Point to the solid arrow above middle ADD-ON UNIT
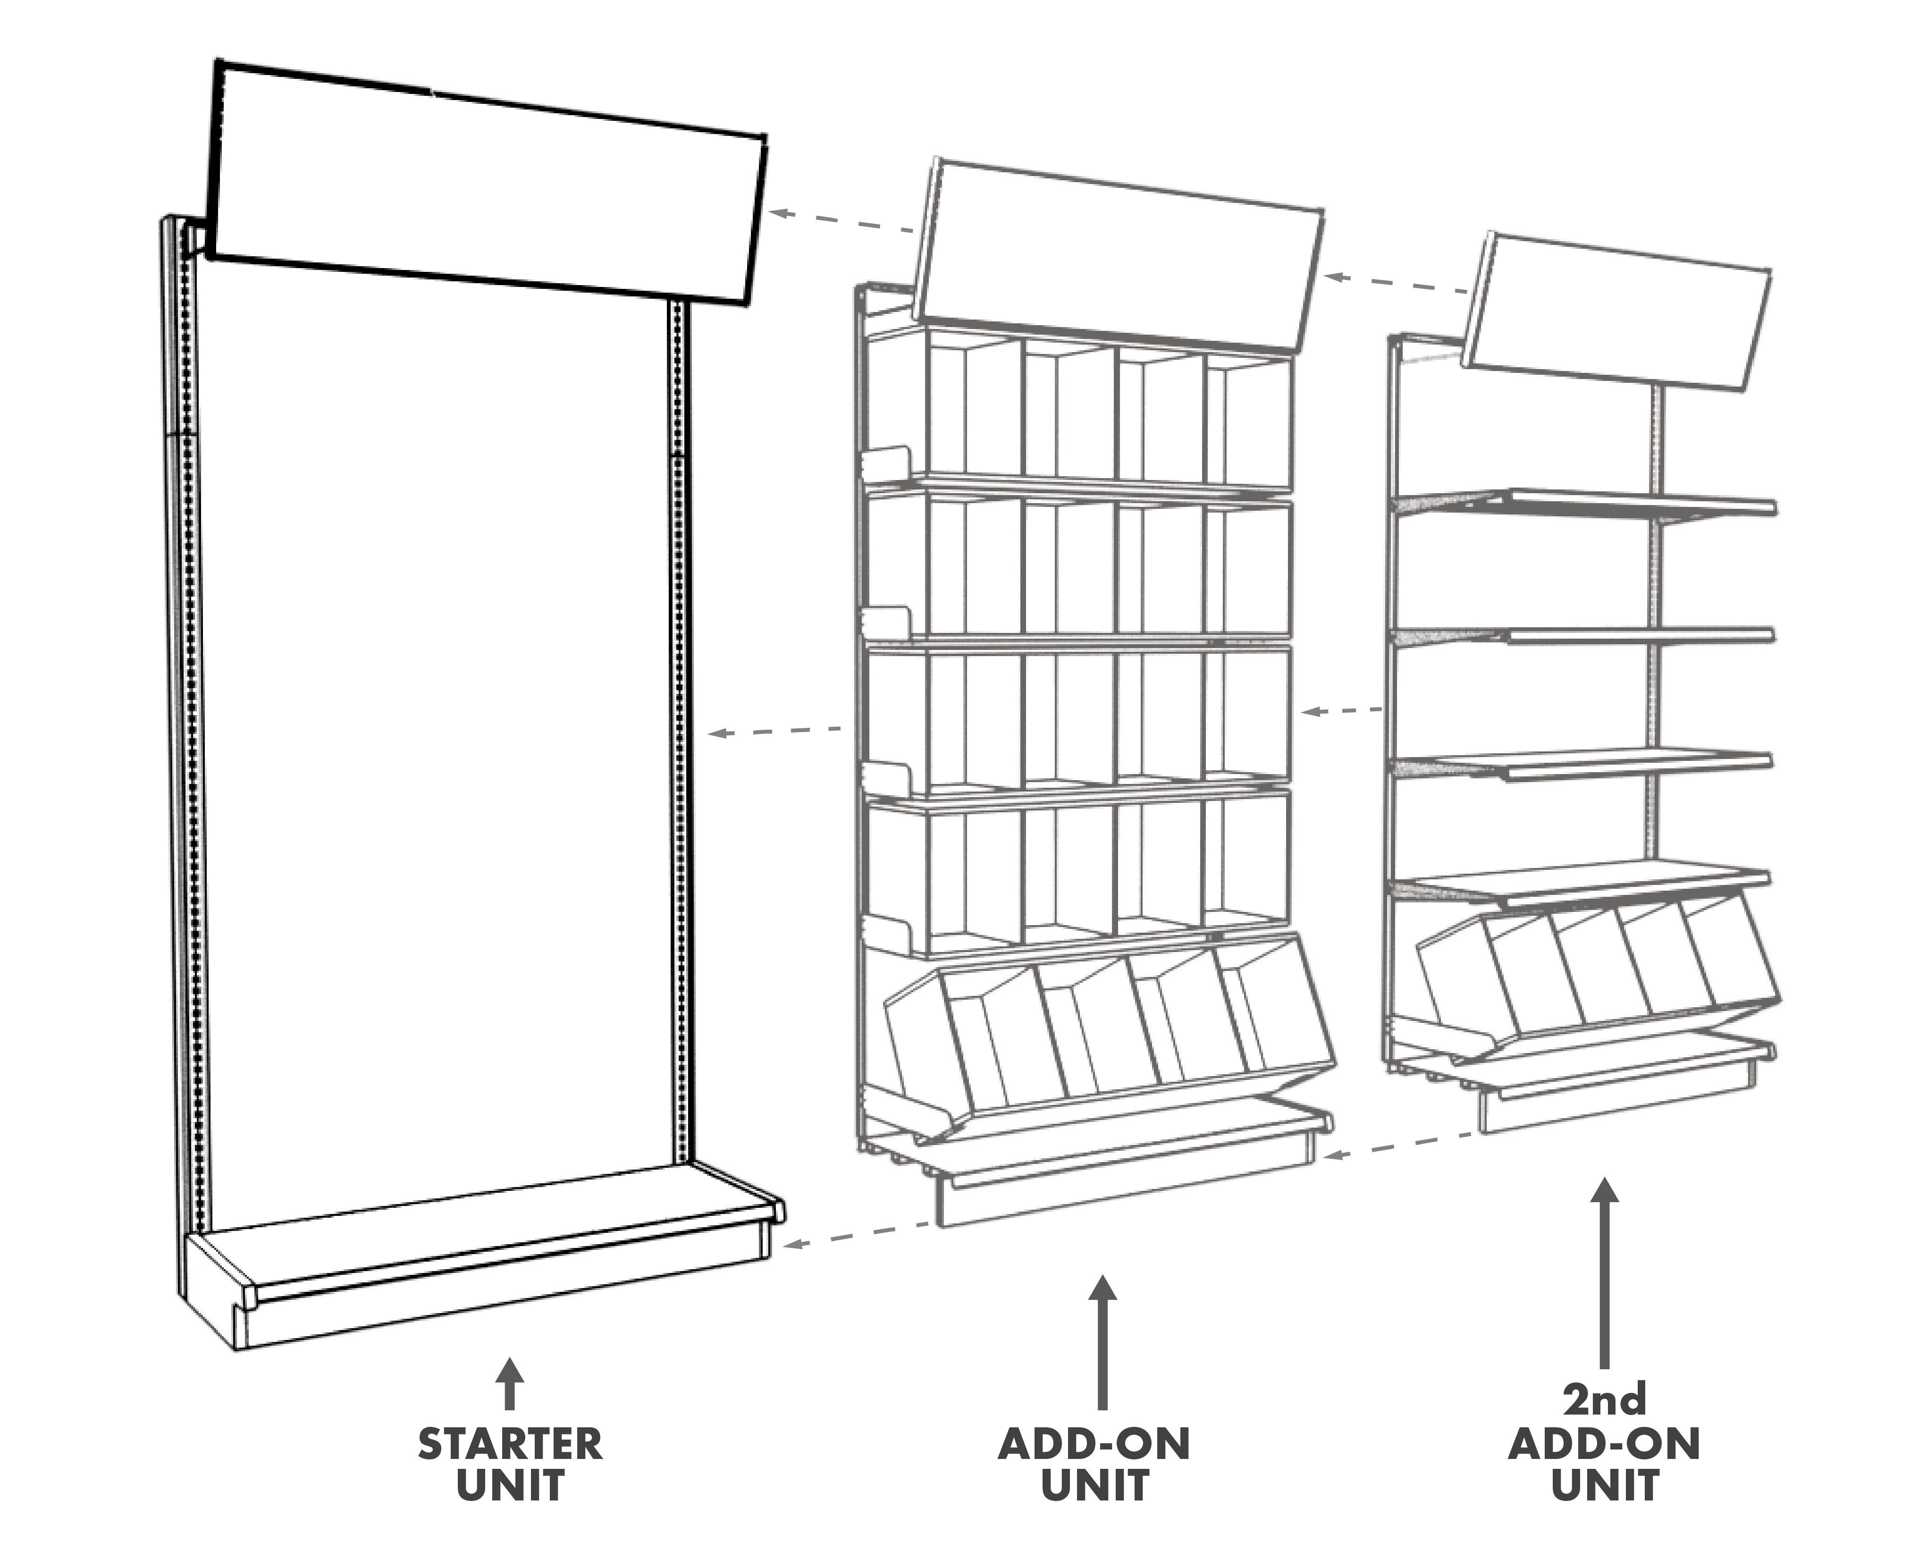click(x=1102, y=1338)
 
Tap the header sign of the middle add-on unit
click(x=1118, y=256)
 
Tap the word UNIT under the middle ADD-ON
click(x=1094, y=1486)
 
